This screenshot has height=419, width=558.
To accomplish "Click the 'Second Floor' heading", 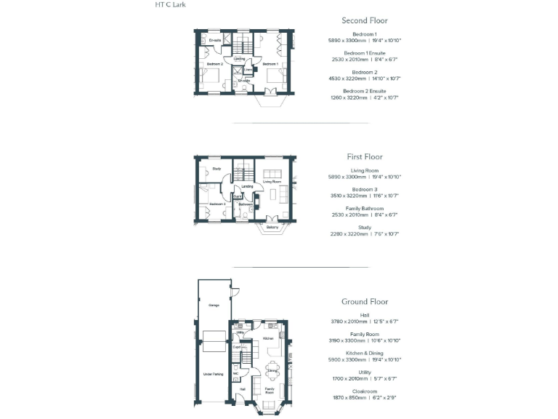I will click(364, 20).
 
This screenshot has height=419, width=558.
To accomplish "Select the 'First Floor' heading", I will click(364, 156).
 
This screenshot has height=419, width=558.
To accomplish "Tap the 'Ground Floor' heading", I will click(364, 301).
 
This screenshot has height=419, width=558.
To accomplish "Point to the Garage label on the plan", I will click(214, 305).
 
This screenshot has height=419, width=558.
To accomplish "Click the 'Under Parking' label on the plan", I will click(213, 374).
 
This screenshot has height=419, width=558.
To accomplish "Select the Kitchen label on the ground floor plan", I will click(267, 338).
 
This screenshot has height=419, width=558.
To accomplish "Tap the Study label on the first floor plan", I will click(217, 170).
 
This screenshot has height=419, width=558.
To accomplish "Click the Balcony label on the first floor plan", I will click(272, 228).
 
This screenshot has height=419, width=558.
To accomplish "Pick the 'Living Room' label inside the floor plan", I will click(272, 182).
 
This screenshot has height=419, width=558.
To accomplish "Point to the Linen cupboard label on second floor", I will click(248, 70).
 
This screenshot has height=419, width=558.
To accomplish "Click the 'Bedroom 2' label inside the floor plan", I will click(214, 64).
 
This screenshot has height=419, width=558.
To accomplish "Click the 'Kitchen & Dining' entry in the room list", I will click(364, 353).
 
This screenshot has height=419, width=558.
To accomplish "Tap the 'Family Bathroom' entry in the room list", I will click(364, 209).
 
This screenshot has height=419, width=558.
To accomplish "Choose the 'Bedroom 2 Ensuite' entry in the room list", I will click(364, 91).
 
